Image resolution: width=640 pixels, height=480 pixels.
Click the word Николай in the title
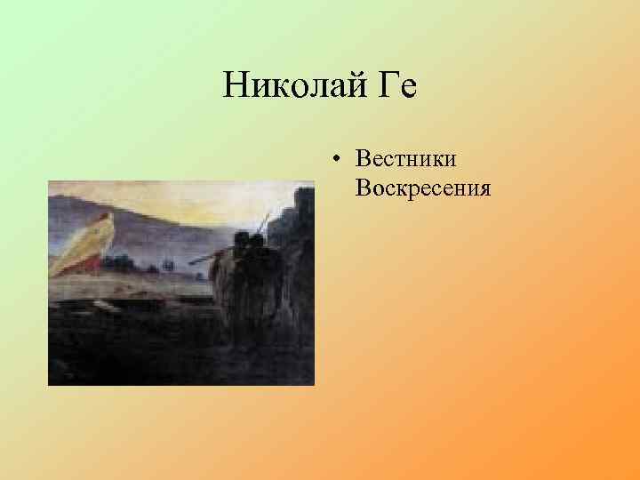point(292,86)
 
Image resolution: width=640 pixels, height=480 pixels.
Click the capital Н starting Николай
point(235,86)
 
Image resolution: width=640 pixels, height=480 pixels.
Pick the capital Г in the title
point(386,86)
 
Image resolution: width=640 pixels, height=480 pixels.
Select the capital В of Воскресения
point(361,188)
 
